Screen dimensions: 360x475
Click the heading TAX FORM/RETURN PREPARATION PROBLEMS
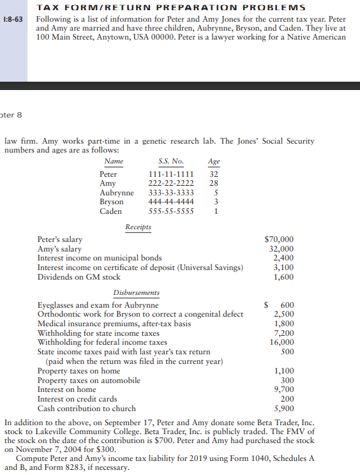pyautogui.click(x=170, y=8)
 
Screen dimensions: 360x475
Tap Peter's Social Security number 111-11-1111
pyautogui.click(x=171, y=174)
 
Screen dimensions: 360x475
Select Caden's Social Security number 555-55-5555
pyautogui.click(x=171, y=211)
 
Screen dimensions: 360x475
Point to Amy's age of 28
pyautogui.click(x=214, y=183)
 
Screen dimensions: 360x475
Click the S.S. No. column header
pyautogui.click(x=170, y=162)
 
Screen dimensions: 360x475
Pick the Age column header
pyautogui.click(x=214, y=162)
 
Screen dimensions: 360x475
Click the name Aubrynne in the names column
pyautogui.click(x=117, y=193)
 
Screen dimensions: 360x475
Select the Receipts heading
pyautogui.click(x=138, y=227)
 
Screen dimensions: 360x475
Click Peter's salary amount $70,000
pyautogui.click(x=279, y=240)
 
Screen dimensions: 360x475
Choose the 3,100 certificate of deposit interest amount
pyautogui.click(x=283, y=268)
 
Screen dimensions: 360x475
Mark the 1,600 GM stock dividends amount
pyautogui.click(x=283, y=277)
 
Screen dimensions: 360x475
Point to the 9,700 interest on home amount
pyautogui.click(x=283, y=389)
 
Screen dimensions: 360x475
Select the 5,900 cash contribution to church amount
pyautogui.click(x=283, y=409)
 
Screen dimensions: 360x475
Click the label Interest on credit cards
pyautogui.click(x=77, y=399)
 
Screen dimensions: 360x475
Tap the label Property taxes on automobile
pyautogui.click(x=89, y=381)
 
